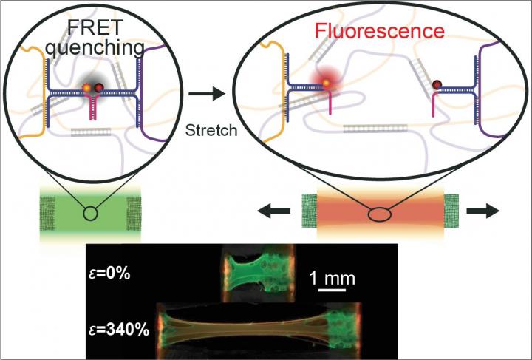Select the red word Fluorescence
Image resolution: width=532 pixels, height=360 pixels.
378,32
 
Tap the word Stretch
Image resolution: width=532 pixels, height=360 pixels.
211,131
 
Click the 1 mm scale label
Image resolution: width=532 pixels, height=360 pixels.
331,279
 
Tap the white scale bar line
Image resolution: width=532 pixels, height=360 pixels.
335,291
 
